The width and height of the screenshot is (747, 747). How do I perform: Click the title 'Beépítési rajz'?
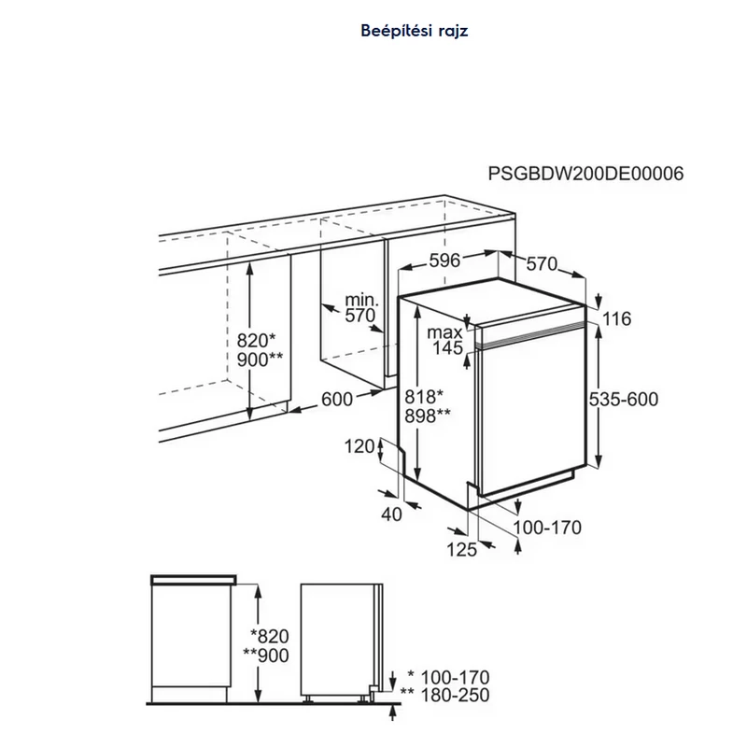pyautogui.click(x=415, y=31)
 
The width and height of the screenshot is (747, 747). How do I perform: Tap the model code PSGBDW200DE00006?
pyautogui.click(x=585, y=174)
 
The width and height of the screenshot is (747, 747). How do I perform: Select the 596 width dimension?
pyautogui.click(x=445, y=261)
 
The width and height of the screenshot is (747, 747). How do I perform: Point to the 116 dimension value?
pyautogui.click(x=617, y=318)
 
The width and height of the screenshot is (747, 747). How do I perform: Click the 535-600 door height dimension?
pyautogui.click(x=624, y=400)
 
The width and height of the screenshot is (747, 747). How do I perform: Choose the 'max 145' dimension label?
pyautogui.click(x=445, y=340)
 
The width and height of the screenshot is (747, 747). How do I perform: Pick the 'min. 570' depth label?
pyautogui.click(x=361, y=308)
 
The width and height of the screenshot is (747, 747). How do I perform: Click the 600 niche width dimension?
pyautogui.click(x=337, y=400)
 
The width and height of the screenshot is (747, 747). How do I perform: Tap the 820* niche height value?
pyautogui.click(x=256, y=341)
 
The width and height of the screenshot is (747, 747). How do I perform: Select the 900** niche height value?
pyautogui.click(x=261, y=359)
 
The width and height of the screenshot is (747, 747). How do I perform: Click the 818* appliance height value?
pyautogui.click(x=424, y=396)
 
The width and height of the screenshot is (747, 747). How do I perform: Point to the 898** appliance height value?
pyautogui.click(x=428, y=416)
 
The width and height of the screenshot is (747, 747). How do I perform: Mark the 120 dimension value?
pyautogui.click(x=359, y=446)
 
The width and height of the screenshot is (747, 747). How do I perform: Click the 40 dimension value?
pyautogui.click(x=391, y=514)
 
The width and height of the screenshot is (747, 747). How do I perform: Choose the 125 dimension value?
pyautogui.click(x=461, y=550)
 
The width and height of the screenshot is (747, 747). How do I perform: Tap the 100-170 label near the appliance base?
pyautogui.click(x=547, y=528)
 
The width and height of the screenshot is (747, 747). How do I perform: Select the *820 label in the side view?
pyautogui.click(x=270, y=637)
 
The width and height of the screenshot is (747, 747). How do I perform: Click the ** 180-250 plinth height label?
pyautogui.click(x=445, y=696)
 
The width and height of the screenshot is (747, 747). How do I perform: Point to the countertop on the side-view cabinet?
pyautogui.click(x=193, y=580)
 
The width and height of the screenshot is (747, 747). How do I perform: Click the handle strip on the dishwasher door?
pyautogui.click(x=531, y=333)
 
